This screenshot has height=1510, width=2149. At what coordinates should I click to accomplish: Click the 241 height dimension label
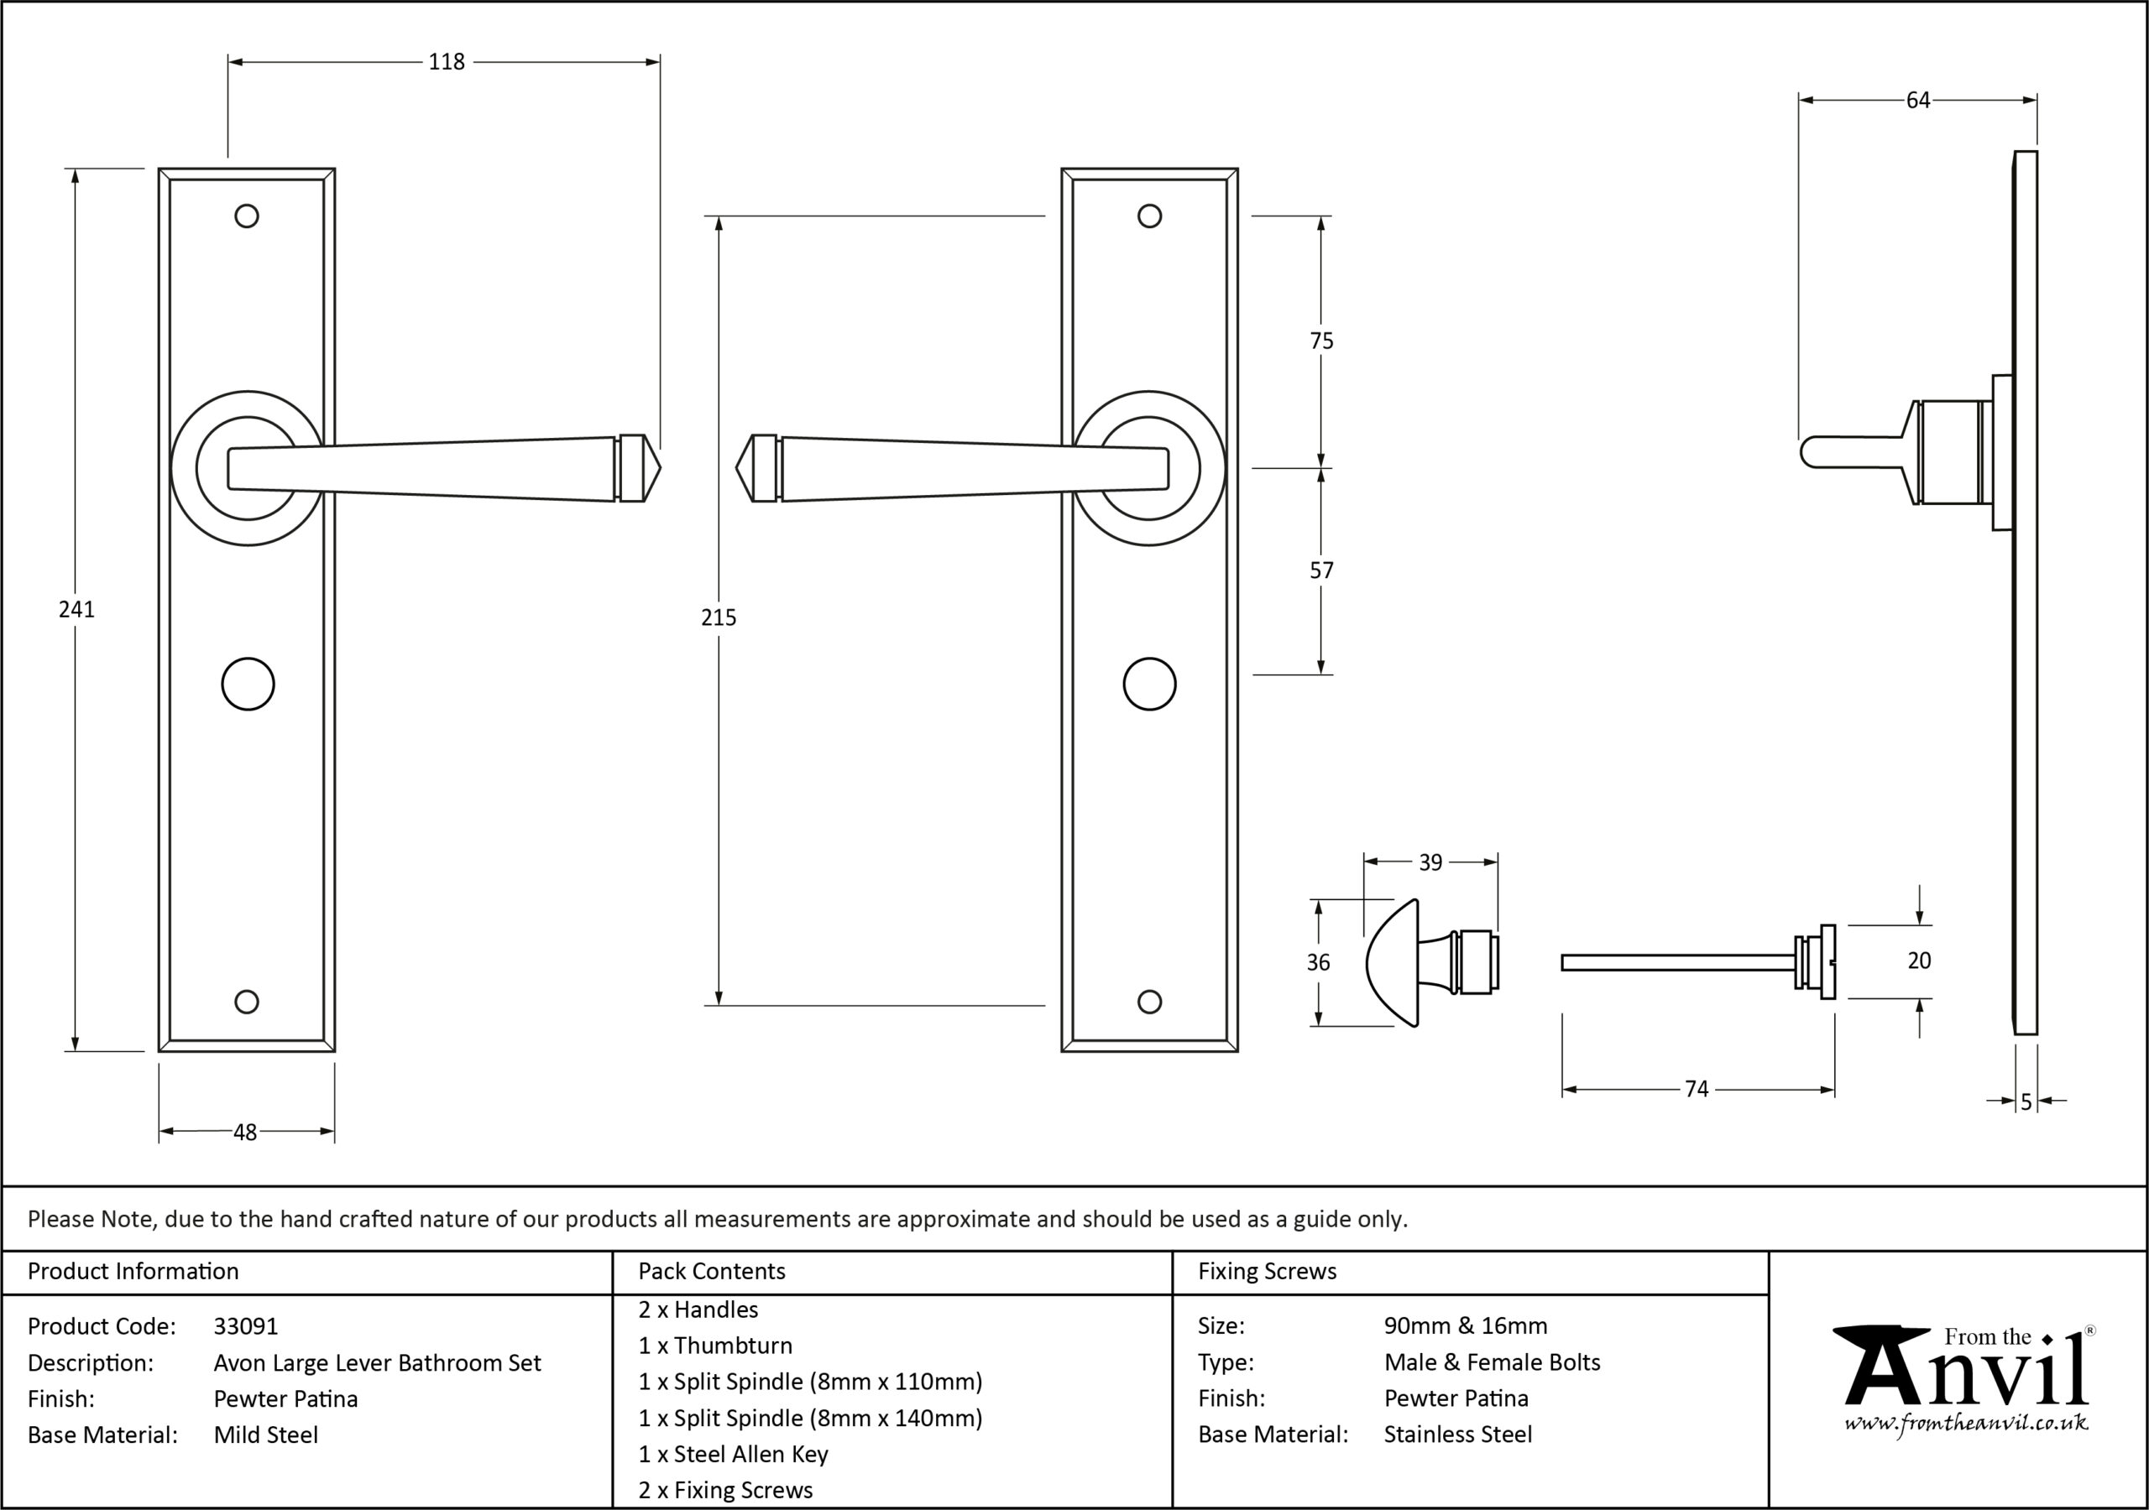(x=76, y=609)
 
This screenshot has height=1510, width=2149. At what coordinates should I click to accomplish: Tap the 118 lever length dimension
(x=447, y=62)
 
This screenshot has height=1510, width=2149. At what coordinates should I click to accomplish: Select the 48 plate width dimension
(x=244, y=1132)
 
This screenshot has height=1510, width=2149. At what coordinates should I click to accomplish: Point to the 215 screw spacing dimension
(x=719, y=617)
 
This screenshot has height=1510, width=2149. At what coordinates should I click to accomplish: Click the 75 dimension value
(x=1321, y=341)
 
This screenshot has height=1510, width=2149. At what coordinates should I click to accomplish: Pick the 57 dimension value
(x=1321, y=570)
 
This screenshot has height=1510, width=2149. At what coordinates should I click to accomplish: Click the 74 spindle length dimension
(x=1696, y=1089)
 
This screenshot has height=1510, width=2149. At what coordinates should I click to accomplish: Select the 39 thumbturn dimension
(x=1430, y=862)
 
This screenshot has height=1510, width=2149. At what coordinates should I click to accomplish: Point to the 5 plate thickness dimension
(x=2026, y=1102)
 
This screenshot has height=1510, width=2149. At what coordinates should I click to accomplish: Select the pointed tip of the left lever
(x=661, y=468)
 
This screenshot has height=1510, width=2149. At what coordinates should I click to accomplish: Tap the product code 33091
(x=245, y=1325)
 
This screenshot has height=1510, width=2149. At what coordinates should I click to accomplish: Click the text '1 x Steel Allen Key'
(x=733, y=1454)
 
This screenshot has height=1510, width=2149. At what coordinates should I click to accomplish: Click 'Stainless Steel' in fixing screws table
(x=1458, y=1434)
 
